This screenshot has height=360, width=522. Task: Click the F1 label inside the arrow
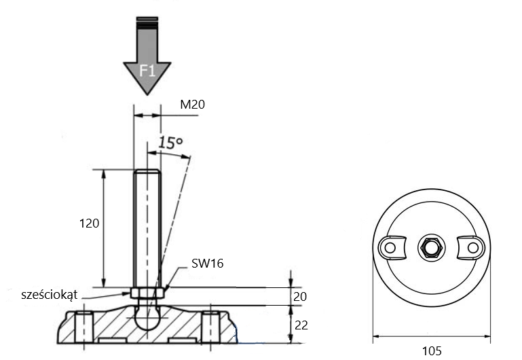click(147, 71)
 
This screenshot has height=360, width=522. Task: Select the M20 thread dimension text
click(192, 105)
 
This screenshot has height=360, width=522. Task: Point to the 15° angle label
click(170, 142)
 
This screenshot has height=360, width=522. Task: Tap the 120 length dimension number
click(89, 223)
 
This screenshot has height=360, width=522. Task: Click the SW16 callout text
click(208, 264)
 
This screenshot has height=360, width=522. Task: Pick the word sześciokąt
click(50, 295)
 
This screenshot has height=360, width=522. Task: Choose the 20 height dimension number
click(300, 296)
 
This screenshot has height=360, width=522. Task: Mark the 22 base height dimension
click(301, 325)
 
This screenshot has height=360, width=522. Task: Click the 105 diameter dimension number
click(432, 350)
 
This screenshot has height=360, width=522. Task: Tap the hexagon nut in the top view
click(432, 247)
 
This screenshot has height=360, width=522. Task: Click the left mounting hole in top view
click(390, 247)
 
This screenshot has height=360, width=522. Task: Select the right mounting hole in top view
click(472, 247)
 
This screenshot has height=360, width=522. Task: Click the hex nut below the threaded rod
click(147, 293)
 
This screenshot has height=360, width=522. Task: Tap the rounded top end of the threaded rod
click(147, 172)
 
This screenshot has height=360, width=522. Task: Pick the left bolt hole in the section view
click(83, 327)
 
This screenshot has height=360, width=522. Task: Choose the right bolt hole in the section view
click(210, 327)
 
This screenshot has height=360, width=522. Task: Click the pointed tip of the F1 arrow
click(147, 95)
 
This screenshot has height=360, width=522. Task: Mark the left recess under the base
click(113, 340)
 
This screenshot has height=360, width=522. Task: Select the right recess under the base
click(182, 340)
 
